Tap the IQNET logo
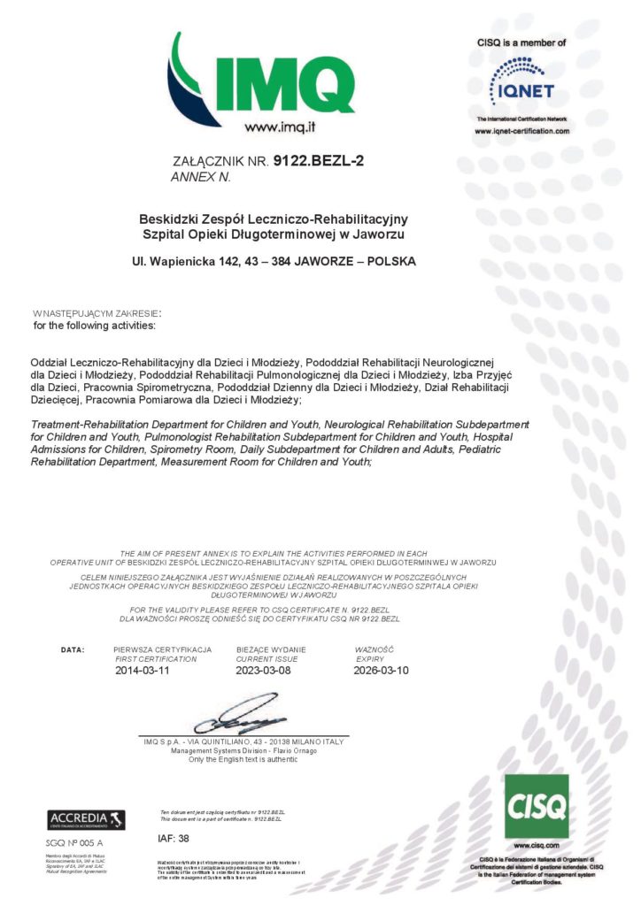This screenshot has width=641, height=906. click(x=522, y=82)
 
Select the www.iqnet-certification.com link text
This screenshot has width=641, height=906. click(x=521, y=131)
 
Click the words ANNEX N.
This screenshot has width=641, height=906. click(x=199, y=177)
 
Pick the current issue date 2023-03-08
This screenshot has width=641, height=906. click(x=263, y=670)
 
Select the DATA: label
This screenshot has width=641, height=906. click(x=73, y=649)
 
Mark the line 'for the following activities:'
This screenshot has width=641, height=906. click(x=94, y=326)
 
